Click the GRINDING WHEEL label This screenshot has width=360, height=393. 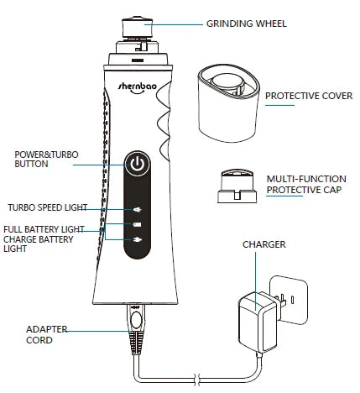[x=247, y=24]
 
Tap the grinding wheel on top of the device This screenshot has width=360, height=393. [x=137, y=28]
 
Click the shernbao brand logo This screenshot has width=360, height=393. [x=137, y=87]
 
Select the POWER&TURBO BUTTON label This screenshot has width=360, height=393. [x=46, y=159]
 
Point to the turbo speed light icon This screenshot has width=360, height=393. [x=137, y=209]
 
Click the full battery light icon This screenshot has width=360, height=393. [x=137, y=224]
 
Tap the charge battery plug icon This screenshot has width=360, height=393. [x=137, y=240]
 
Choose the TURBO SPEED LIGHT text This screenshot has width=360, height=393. [x=48, y=207]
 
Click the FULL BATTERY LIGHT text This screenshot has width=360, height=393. [x=44, y=229]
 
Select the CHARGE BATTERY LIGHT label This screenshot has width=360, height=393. [x=39, y=244]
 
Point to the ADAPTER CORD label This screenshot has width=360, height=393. [x=46, y=334]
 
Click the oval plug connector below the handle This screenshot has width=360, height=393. [x=136, y=320]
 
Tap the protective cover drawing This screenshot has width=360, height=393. [x=228, y=103]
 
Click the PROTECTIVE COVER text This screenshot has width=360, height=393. [x=309, y=96]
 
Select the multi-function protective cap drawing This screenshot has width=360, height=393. [x=237, y=186]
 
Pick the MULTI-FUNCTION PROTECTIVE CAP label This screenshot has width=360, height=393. [x=306, y=185]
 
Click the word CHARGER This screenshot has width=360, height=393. [x=264, y=244]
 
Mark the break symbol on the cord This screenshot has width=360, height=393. [x=197, y=380]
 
